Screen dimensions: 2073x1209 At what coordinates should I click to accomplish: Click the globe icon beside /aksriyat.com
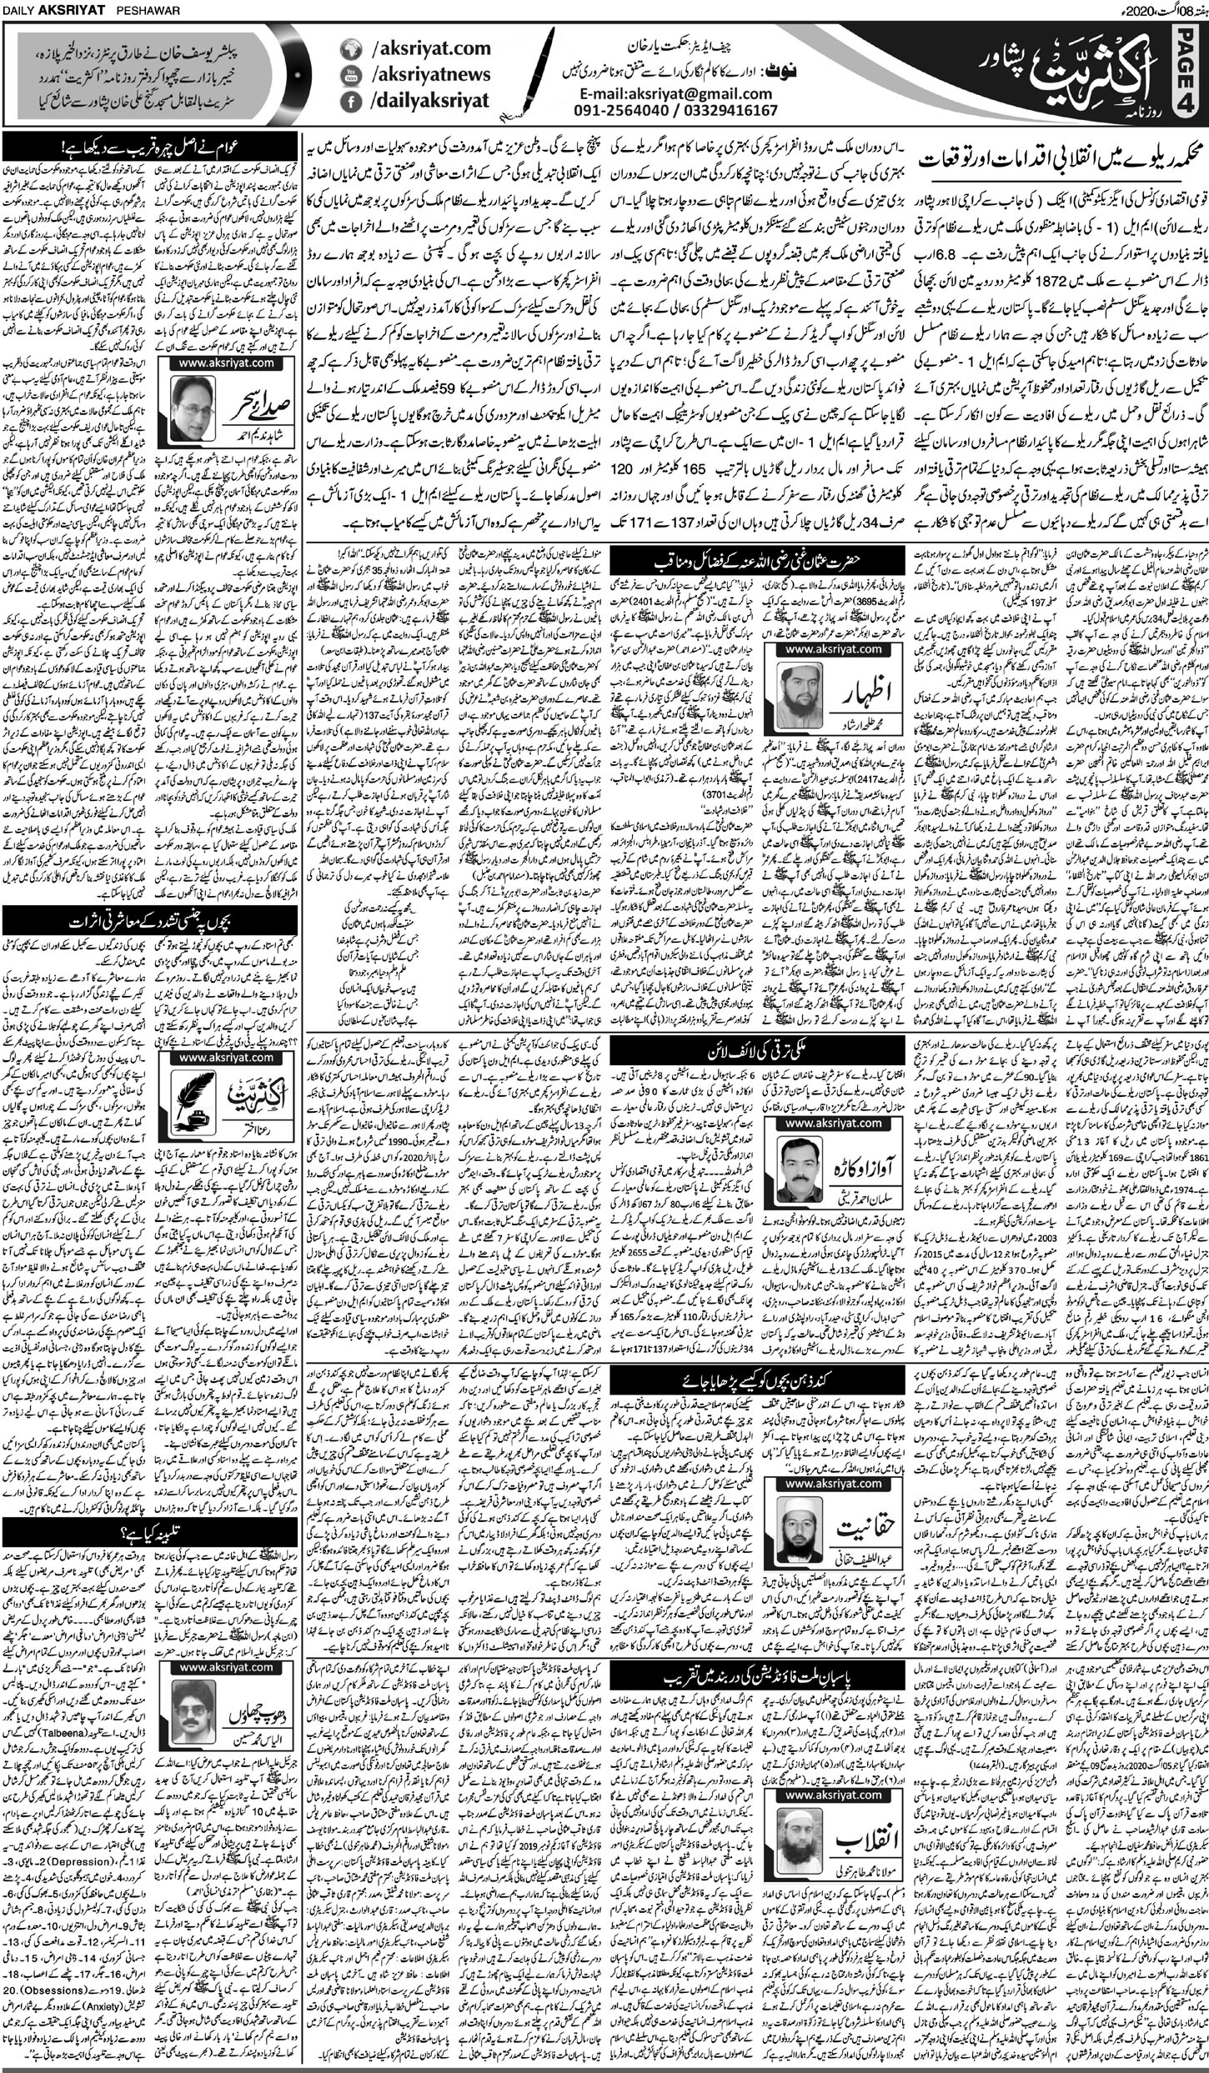coord(351,50)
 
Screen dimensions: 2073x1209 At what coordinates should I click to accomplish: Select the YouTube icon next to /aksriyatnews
coord(351,77)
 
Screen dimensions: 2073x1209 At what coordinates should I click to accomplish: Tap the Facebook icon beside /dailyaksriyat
coord(351,103)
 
